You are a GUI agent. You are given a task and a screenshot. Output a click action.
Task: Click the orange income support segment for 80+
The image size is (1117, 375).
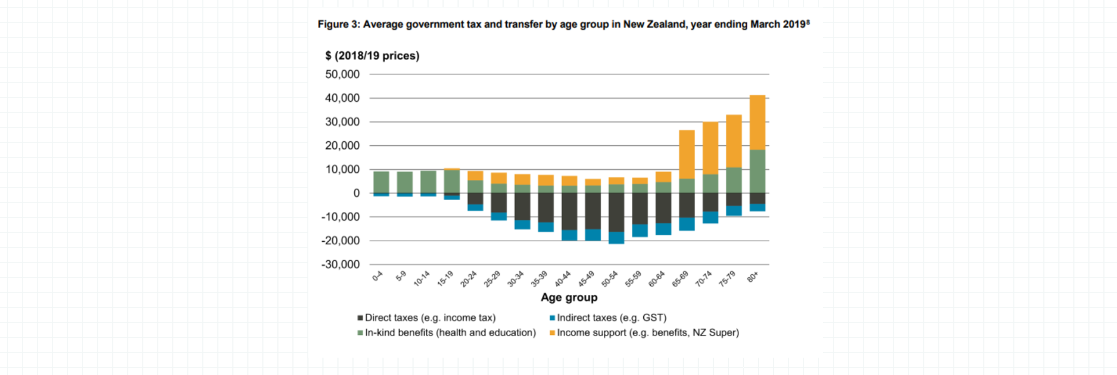757,122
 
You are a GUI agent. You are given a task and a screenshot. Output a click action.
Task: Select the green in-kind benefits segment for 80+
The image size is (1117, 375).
757,171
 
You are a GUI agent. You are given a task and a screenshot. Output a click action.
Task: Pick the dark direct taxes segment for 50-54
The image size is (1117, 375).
616,212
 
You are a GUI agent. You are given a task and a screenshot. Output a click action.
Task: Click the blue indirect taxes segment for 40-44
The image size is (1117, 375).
569,235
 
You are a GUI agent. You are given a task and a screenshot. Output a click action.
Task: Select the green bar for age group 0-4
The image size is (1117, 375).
381,182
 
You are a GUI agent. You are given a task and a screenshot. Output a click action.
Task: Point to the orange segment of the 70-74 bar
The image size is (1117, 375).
710,148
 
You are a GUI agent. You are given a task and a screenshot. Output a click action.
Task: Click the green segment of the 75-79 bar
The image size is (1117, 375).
733,180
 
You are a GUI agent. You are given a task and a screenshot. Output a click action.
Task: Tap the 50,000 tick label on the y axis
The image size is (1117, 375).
342,74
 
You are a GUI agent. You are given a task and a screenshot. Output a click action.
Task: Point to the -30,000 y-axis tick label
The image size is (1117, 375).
340,264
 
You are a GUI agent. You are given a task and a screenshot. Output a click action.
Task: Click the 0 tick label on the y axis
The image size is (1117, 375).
356,193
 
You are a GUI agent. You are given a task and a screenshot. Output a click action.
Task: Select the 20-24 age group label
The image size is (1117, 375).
469,279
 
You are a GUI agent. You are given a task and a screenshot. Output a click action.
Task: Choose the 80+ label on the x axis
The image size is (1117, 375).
753,276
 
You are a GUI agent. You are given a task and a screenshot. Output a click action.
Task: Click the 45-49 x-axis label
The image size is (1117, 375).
586,279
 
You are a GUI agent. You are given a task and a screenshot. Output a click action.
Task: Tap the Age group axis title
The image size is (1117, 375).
569,297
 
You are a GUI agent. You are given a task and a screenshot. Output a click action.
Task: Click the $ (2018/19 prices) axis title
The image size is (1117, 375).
372,56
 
